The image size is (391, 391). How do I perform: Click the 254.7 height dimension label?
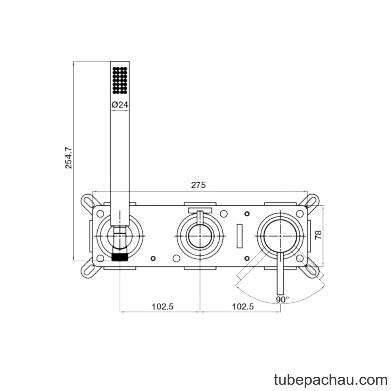[68, 158]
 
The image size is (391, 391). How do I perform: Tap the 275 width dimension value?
[198, 185]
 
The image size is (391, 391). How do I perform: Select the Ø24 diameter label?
[120, 105]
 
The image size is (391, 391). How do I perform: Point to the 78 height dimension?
[318, 235]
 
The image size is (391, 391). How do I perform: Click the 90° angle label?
[283, 299]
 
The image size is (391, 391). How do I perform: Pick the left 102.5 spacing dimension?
[163, 306]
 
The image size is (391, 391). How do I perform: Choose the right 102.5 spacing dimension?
[243, 306]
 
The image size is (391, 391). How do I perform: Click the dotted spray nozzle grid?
[120, 80]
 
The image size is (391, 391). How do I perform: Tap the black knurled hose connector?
[120, 257]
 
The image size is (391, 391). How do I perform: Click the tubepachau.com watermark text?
[331, 380]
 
